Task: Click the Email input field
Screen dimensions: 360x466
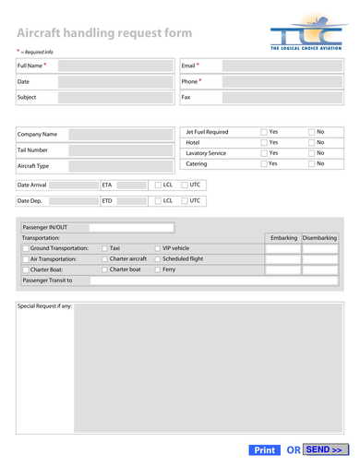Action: point(282,66)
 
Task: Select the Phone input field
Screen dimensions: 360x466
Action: point(282,82)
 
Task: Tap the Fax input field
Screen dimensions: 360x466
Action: point(282,97)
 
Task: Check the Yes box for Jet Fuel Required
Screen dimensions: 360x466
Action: point(264,132)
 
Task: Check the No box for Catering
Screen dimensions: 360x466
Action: point(312,163)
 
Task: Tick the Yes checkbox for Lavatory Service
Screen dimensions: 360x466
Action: point(264,153)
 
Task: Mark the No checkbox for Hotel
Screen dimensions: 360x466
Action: point(312,143)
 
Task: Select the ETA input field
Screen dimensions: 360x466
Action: point(131,185)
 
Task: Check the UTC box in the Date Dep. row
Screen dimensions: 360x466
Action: point(185,200)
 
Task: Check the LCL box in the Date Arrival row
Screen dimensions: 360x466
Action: point(159,185)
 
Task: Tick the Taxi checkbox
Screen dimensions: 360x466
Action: point(104,248)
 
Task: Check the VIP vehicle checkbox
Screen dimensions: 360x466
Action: point(158,248)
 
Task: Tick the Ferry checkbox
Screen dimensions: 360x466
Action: point(158,269)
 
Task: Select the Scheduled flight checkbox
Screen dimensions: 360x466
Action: point(158,259)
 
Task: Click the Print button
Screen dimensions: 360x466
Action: point(264,450)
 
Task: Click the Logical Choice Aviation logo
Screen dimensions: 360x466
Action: point(306,36)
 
